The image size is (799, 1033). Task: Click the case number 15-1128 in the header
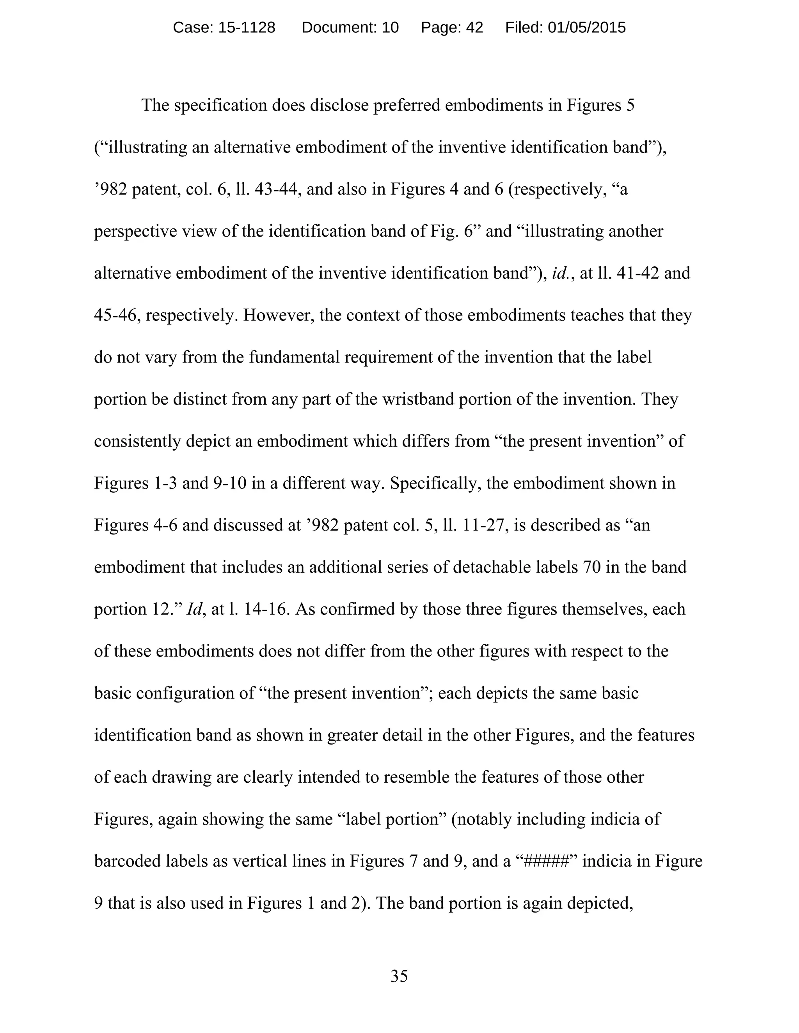246,28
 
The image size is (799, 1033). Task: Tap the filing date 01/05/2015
586,28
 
